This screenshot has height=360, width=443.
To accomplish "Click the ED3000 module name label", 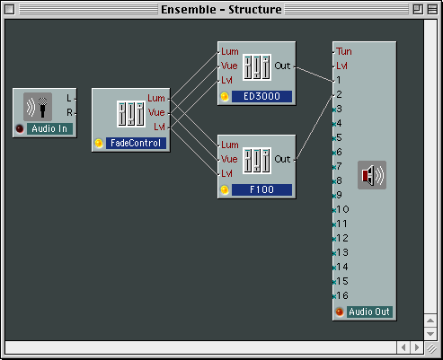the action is pyautogui.click(x=261, y=96).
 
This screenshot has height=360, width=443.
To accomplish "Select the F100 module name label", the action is pyautogui.click(x=261, y=189).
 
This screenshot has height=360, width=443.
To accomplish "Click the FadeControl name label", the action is pyautogui.click(x=136, y=143).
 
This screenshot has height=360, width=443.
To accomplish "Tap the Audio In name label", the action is pyautogui.click(x=49, y=128).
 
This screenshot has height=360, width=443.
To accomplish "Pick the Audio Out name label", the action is pyautogui.click(x=369, y=312).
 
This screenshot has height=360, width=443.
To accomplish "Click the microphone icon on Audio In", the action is pyautogui.click(x=38, y=107).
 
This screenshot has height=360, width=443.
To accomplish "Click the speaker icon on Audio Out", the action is pyautogui.click(x=372, y=175).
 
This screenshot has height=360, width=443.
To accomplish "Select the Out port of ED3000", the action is pyautogui.click(x=282, y=66).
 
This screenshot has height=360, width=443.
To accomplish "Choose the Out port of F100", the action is pyautogui.click(x=282, y=159).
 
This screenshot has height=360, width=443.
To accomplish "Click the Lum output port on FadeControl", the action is pyautogui.click(x=156, y=98).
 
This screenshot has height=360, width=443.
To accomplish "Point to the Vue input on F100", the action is pyautogui.click(x=229, y=159).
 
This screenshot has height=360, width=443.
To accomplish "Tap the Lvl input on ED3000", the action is pyautogui.click(x=226, y=80).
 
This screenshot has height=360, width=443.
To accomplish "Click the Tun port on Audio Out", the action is pyautogui.click(x=344, y=51).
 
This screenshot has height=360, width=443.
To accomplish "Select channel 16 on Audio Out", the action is pyautogui.click(x=342, y=295).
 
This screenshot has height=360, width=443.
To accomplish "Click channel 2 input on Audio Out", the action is pyautogui.click(x=339, y=94).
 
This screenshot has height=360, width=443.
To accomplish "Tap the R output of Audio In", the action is pyautogui.click(x=69, y=112).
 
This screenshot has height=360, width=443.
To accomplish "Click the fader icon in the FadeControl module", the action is pyautogui.click(x=131, y=114).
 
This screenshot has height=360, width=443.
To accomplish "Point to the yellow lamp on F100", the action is pyautogui.click(x=225, y=189).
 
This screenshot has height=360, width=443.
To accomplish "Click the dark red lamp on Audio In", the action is pyautogui.click(x=20, y=128).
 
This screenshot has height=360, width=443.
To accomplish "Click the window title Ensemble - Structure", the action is pyautogui.click(x=221, y=10).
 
